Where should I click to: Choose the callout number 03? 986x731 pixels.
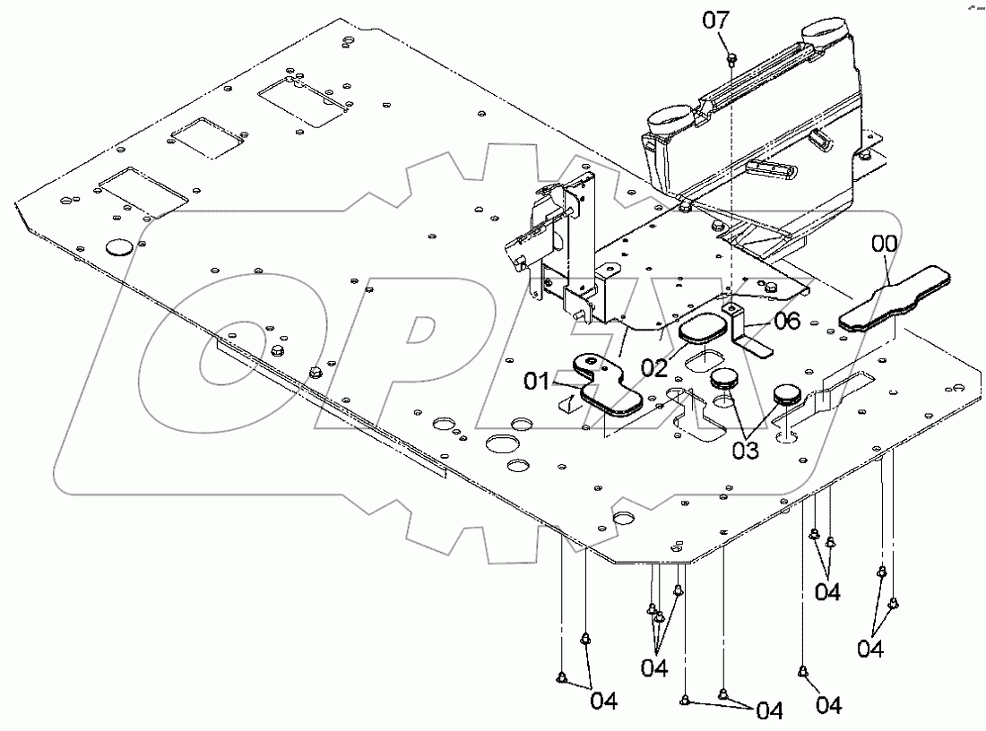tap(744, 449)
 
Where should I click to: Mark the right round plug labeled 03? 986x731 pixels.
tap(786, 394)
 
